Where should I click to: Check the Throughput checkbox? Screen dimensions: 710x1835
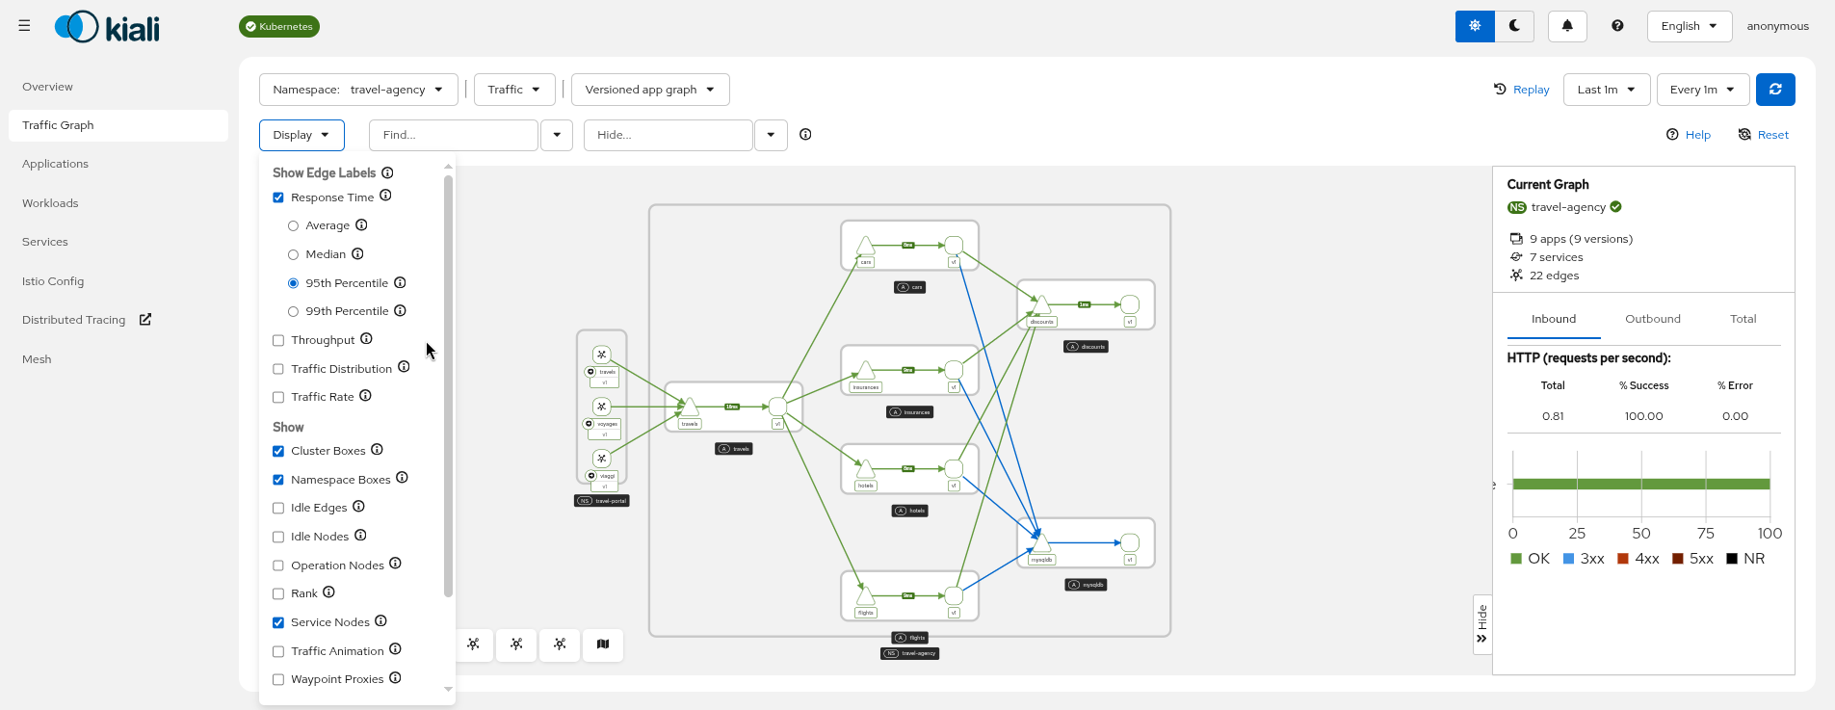pos(278,340)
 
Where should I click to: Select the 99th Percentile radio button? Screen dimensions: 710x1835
pos(293,311)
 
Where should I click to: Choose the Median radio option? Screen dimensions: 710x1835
pos(293,254)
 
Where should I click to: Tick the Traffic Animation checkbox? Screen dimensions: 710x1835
pos(278,651)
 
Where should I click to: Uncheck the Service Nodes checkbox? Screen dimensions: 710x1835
pos(278,622)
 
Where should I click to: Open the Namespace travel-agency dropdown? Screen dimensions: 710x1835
pos(357,90)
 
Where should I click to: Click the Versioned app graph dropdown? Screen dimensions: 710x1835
pos(649,90)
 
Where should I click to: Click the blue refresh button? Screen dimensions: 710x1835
pos(1774,90)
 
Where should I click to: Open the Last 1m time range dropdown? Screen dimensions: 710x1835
pos(1606,90)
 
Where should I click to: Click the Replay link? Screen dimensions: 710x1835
pos(1522,90)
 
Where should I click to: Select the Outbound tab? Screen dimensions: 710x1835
pos(1652,319)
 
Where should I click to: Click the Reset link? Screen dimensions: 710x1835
pos(1764,135)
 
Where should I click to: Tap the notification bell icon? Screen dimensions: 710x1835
pos(1567,26)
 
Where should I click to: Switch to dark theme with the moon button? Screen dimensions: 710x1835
pos(1514,26)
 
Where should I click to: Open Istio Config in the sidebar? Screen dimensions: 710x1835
pos(53,281)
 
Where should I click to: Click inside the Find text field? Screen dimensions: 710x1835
pos(453,135)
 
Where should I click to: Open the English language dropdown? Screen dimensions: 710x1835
pos(1689,26)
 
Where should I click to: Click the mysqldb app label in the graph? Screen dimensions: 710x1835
pos(1086,585)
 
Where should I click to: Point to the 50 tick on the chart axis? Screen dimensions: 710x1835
pos(1640,534)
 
